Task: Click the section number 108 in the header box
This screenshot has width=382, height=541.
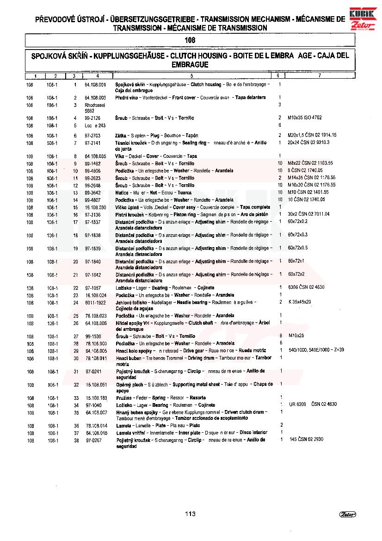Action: click(190, 40)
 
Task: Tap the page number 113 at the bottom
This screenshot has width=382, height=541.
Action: click(190, 514)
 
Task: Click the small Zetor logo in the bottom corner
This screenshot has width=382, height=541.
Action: click(346, 514)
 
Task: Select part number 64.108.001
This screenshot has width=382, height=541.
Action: click(96, 85)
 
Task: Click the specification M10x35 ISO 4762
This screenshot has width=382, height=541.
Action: click(305, 118)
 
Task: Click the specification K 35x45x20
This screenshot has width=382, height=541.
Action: click(299, 302)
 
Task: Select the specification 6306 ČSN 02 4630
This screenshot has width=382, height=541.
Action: click(306, 287)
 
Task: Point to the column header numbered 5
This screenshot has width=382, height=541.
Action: click(191, 75)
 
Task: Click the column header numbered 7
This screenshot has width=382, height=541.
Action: click(319, 75)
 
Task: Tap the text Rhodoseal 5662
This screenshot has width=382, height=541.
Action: click(95, 108)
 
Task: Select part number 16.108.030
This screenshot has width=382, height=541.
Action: click(96, 207)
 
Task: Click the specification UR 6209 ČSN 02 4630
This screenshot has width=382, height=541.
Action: click(313, 404)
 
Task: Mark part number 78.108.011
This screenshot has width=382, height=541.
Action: click(96, 358)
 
